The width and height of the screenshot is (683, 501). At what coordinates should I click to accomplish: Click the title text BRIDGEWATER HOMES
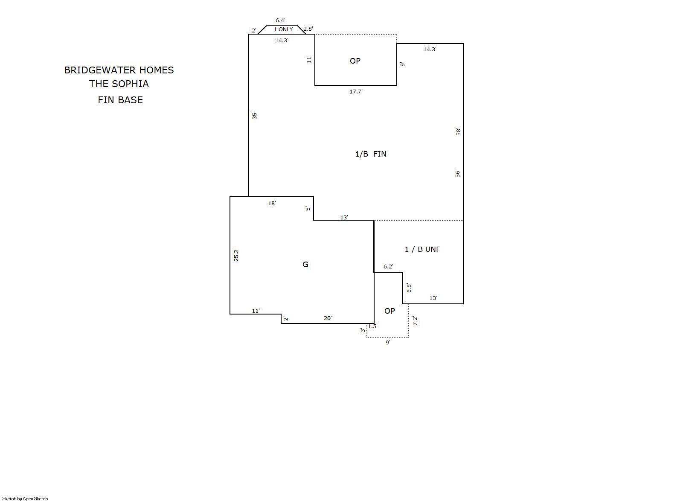(119, 70)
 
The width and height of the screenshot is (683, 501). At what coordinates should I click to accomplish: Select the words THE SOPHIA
(119, 84)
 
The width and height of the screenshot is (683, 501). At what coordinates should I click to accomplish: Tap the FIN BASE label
(120, 100)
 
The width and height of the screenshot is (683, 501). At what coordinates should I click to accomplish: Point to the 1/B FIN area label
(370, 154)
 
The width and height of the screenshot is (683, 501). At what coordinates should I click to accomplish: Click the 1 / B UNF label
(422, 249)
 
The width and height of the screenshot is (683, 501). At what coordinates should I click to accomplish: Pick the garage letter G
(305, 265)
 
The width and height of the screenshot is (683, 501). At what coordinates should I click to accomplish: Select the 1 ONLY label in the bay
(283, 29)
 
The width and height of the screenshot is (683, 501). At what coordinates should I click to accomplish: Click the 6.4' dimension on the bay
(280, 20)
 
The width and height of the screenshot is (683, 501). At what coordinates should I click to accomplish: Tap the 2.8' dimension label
(308, 29)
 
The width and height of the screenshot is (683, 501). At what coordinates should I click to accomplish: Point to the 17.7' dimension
(356, 91)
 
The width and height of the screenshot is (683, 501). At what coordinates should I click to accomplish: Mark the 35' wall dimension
(255, 116)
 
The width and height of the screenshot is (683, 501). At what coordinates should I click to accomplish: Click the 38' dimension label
(458, 132)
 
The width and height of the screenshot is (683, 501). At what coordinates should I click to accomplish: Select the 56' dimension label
(458, 174)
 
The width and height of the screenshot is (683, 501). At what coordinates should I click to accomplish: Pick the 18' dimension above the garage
(272, 204)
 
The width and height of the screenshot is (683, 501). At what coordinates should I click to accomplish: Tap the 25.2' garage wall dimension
(236, 255)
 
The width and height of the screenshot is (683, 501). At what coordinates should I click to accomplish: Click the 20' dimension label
(328, 318)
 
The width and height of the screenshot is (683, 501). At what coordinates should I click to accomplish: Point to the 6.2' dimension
(388, 267)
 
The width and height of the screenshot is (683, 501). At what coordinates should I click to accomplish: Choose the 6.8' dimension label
(409, 288)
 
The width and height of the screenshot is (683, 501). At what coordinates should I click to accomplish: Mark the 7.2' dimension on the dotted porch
(415, 321)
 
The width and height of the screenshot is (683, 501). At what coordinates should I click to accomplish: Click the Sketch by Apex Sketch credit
(25, 498)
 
